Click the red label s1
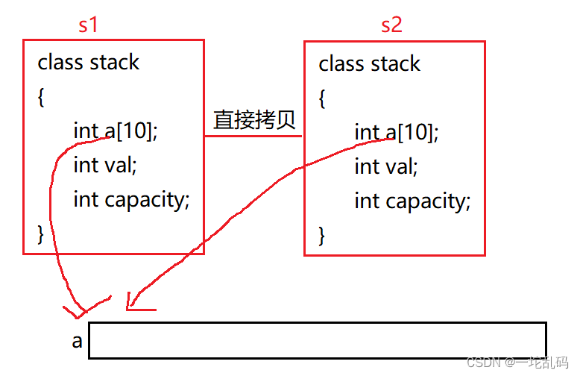(88, 25)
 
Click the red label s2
(391, 25)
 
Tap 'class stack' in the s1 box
(88, 62)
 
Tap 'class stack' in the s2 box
(369, 64)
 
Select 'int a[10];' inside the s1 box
(116, 131)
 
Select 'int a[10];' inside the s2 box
(397, 133)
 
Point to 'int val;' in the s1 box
(105, 164)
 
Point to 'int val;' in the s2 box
(386, 166)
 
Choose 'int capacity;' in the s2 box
(413, 201)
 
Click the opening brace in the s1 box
(42, 96)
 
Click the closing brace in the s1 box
(42, 234)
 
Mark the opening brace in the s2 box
(323, 98)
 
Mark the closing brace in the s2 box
(323, 236)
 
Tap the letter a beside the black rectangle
(77, 341)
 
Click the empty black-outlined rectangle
(318, 340)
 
